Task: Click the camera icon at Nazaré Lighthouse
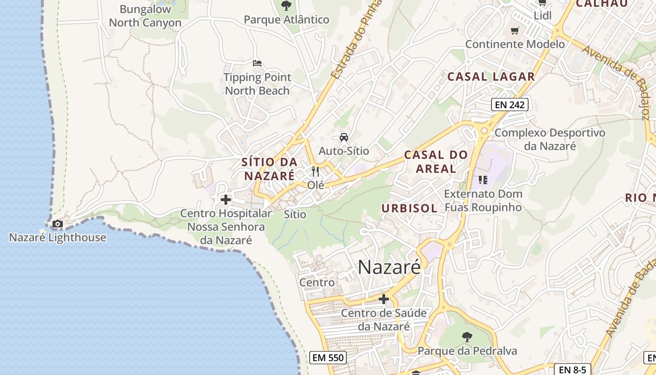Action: [58, 224]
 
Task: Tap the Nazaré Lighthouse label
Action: [58, 237]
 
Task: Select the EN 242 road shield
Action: [510, 105]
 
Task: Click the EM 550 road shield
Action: [328, 358]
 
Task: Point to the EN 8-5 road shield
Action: [573, 369]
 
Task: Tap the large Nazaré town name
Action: [389, 267]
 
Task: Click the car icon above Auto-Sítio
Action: [344, 137]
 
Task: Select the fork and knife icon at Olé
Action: [315, 172]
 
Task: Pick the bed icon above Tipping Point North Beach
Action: [257, 63]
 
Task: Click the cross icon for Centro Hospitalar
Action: [226, 200]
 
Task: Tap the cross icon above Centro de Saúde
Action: [384, 299]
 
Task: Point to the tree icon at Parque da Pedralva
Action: [467, 337]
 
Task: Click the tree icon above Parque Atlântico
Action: [286, 6]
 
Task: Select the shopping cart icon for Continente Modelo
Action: [515, 31]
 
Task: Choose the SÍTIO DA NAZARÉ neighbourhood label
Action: [269, 169]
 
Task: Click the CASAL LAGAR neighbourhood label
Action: [491, 76]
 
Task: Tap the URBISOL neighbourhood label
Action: [409, 208]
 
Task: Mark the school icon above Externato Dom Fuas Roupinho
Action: [483, 180]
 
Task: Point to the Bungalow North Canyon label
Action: [145, 16]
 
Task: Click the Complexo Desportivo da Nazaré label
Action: [550, 139]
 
